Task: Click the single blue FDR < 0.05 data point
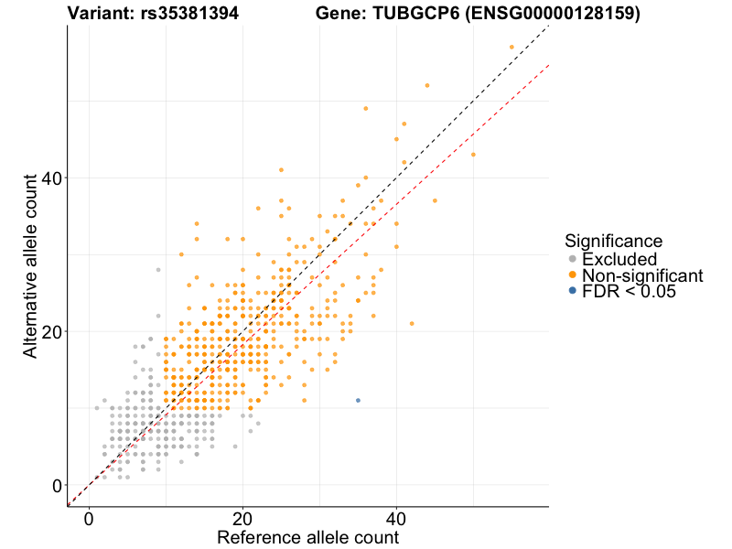coord(358,401)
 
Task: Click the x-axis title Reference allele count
coord(307,537)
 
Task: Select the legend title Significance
coord(613,242)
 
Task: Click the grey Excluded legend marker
coord(573,260)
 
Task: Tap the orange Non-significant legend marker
coord(573,275)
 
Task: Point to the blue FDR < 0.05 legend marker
coord(573,291)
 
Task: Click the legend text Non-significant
coord(642,275)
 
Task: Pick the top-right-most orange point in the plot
coord(511,47)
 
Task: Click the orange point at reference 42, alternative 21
coord(412,323)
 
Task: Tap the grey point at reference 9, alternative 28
coord(158,270)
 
